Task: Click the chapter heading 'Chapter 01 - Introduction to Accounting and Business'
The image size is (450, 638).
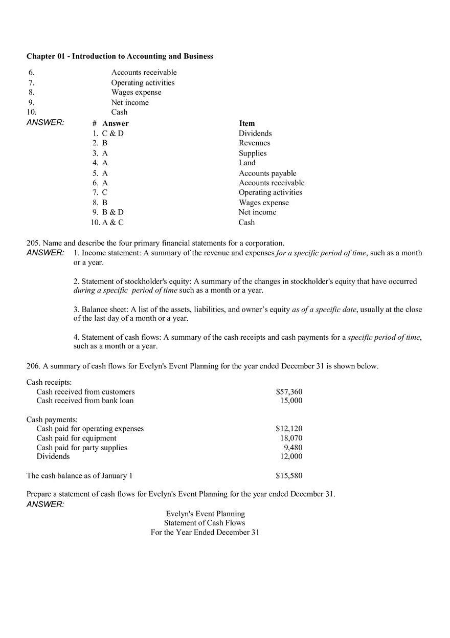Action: point(120,56)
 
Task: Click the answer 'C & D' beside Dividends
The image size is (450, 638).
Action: point(113,134)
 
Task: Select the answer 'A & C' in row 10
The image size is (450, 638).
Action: point(113,223)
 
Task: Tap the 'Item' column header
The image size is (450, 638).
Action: point(246,123)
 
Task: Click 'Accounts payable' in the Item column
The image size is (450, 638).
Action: point(267,173)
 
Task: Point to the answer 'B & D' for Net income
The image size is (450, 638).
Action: point(113,212)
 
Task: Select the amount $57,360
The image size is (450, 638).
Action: point(289,392)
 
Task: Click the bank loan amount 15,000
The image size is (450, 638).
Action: point(291,401)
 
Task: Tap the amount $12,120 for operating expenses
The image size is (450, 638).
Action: point(289,429)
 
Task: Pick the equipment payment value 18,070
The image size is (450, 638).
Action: point(291,438)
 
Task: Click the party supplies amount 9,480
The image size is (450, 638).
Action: point(293,448)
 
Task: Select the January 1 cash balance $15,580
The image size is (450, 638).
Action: point(289,476)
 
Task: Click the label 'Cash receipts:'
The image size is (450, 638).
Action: point(49,383)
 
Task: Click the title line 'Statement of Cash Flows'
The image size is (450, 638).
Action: point(205,523)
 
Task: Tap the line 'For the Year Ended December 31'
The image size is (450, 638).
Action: point(205,533)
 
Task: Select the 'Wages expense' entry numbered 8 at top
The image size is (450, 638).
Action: point(136,93)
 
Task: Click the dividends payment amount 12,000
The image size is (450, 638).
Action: point(291,456)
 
